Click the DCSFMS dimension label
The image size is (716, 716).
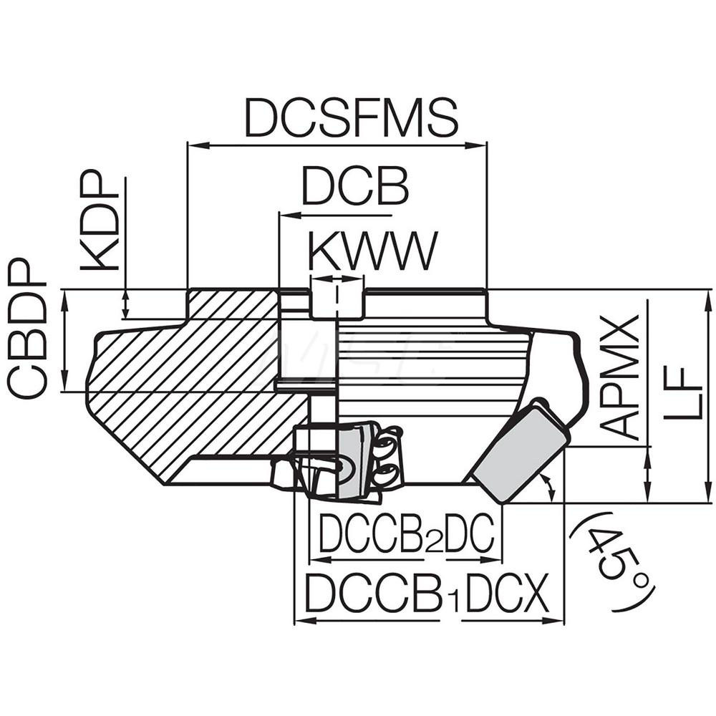click(x=352, y=118)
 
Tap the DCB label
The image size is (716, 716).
click(x=354, y=188)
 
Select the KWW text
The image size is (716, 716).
click(x=372, y=252)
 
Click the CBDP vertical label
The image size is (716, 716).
click(x=28, y=329)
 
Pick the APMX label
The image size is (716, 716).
click(x=619, y=376)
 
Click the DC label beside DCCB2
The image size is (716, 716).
click(x=469, y=535)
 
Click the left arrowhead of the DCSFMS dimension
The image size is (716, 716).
click(x=192, y=145)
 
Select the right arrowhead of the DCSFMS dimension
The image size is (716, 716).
click(x=481, y=145)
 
